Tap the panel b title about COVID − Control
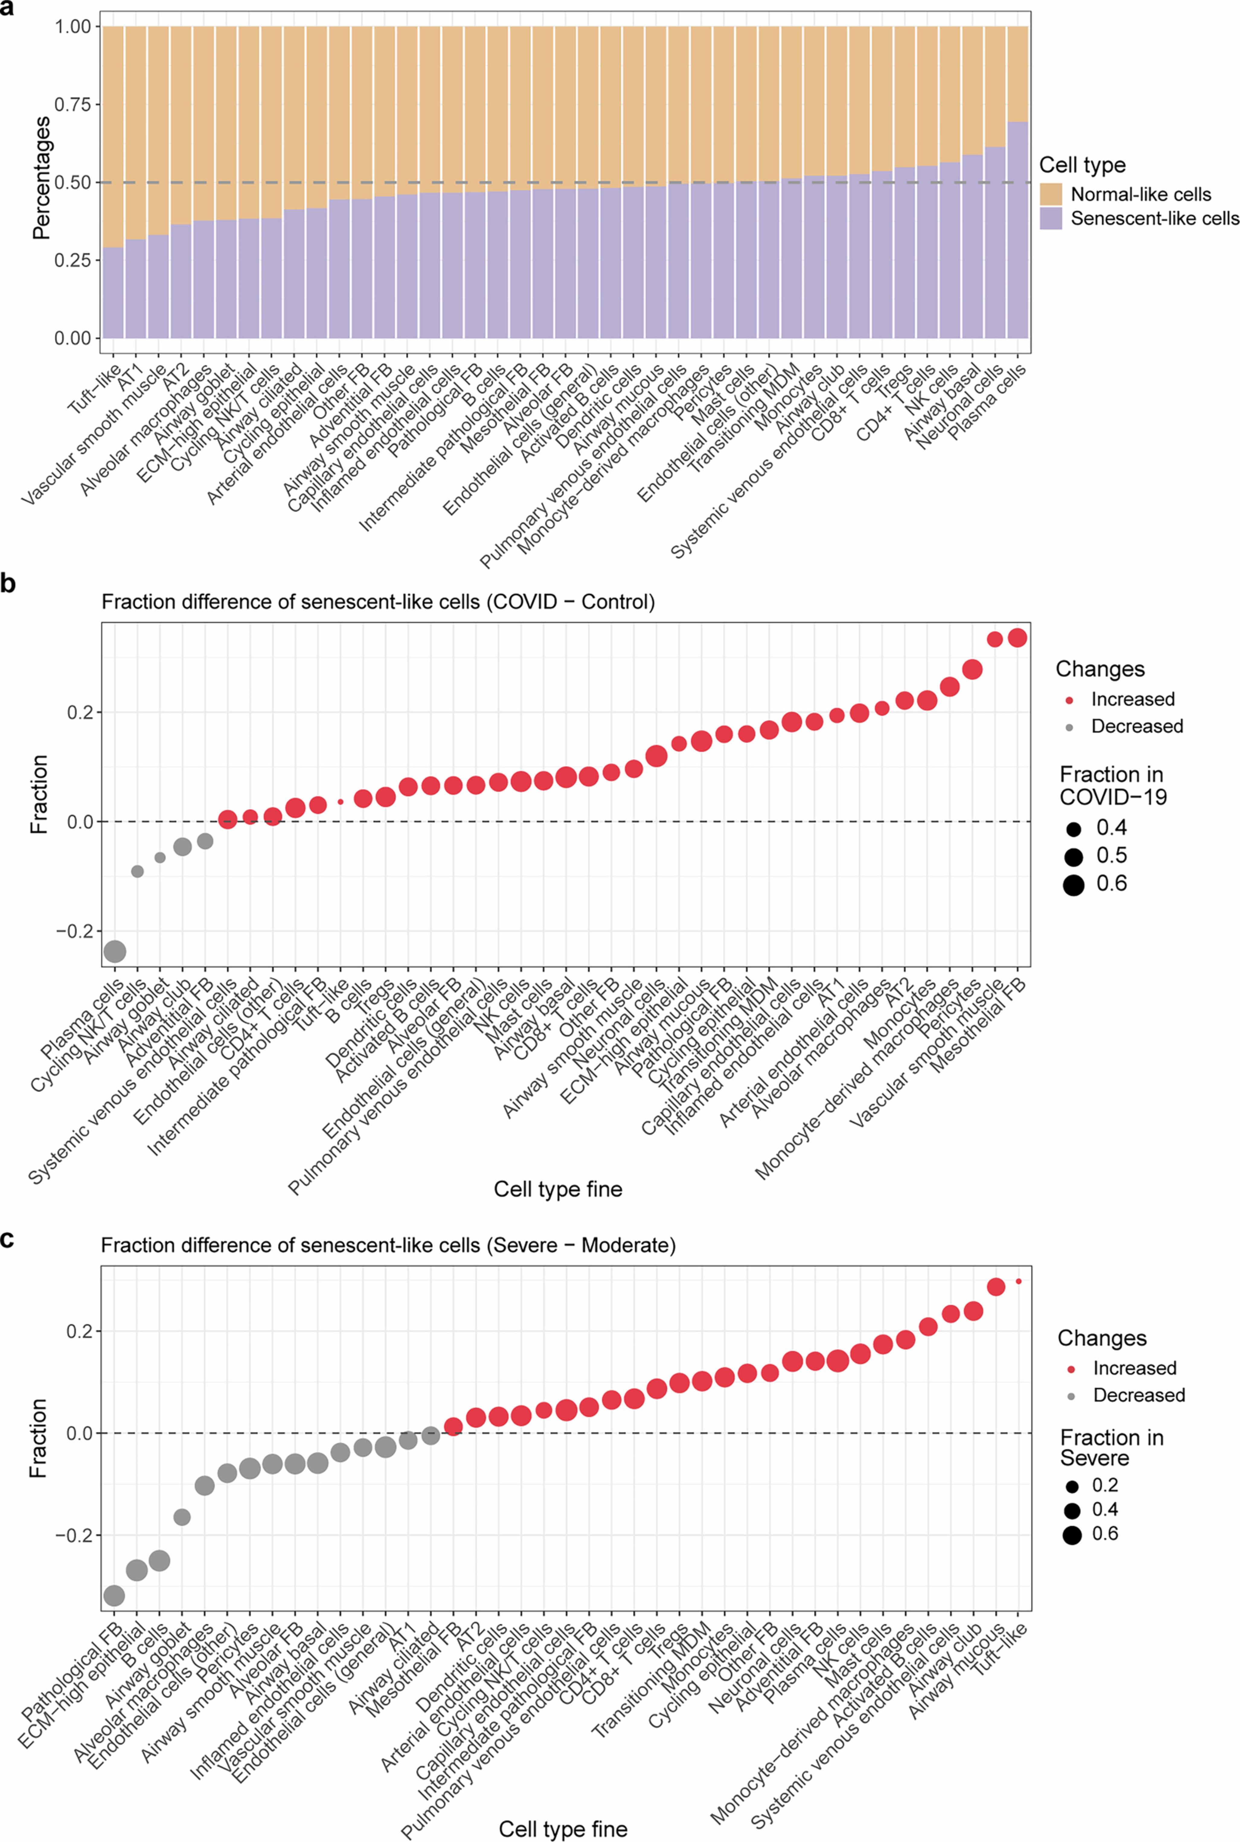(x=378, y=602)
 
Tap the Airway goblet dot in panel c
(x=182, y=1517)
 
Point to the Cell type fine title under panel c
(x=563, y=1828)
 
